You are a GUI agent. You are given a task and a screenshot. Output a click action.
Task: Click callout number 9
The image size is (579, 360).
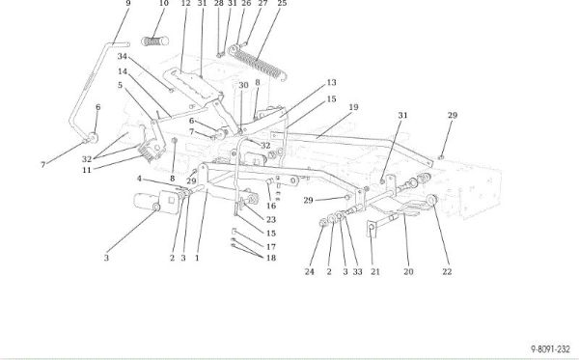[128, 3]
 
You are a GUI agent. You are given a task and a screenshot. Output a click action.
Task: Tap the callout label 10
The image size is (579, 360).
[164, 3]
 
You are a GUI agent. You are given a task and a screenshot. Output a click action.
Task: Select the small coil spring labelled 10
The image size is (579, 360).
[155, 41]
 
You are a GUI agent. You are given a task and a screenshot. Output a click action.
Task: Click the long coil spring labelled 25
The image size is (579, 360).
[258, 62]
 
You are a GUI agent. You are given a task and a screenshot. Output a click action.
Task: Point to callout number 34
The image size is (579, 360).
[123, 57]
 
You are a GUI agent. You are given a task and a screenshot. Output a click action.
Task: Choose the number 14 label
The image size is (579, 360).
[123, 71]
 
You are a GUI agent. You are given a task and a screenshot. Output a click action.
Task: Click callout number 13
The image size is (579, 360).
[332, 82]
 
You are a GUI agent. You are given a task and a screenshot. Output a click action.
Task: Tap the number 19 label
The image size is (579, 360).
[353, 107]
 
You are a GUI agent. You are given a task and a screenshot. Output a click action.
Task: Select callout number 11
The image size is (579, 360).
[87, 170]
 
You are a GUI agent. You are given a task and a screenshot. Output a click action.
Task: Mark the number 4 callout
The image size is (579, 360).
[139, 179]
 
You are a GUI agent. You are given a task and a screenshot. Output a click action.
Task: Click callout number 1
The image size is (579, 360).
[197, 258]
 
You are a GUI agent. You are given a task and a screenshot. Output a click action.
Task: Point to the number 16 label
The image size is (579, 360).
[271, 206]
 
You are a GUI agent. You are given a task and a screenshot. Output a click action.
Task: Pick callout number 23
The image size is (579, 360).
[271, 220]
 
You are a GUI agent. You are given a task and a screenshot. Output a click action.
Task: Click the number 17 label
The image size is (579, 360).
[271, 247]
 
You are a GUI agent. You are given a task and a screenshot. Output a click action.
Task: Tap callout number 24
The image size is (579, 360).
[310, 272]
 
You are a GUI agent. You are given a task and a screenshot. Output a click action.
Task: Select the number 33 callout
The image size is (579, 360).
[357, 272]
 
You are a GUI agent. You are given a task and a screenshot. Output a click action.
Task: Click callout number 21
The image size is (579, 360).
[375, 272]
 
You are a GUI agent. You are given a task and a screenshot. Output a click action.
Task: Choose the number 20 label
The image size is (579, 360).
[408, 272]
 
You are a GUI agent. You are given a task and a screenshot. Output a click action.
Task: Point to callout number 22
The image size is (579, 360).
[447, 272]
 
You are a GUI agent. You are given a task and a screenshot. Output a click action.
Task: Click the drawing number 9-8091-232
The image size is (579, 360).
[551, 349]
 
